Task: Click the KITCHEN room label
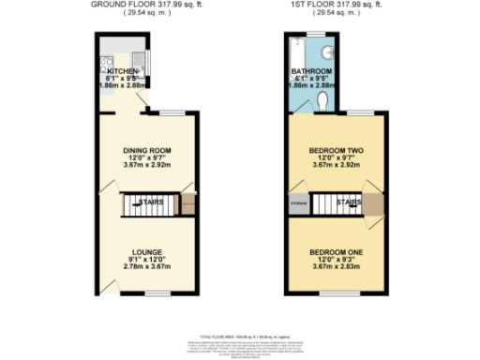click(x=123, y=71)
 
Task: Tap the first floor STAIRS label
click(x=350, y=201)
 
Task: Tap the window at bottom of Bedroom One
click(x=336, y=294)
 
